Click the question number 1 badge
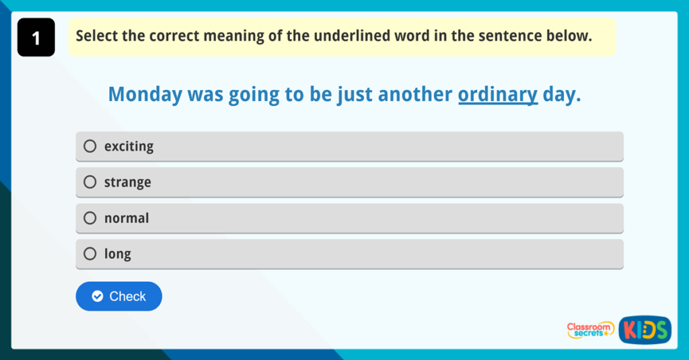pos(36,38)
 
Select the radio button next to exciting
pos(90,146)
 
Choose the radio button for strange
pos(90,182)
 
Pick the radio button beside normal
pos(90,218)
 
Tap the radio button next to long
pos(90,254)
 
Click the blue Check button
pos(118,296)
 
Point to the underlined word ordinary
pos(498,94)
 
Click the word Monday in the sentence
pos(145,94)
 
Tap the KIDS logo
pos(645,329)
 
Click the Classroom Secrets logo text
pos(590,329)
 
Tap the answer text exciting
pos(129,146)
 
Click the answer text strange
pos(127,182)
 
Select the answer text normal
pos(126,218)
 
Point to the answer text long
pos(117,254)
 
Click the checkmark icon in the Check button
pos(98,296)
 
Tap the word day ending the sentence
pos(559,94)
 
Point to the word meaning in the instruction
pos(231,36)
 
